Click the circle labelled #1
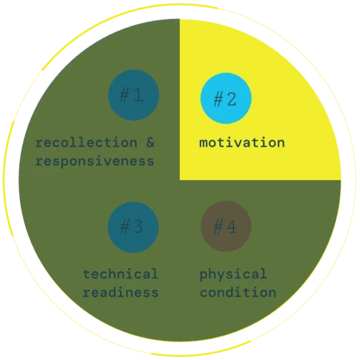133,95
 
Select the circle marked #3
133,227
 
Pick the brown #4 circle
226,227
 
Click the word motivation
242,143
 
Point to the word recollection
86,143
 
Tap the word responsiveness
94,161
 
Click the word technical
121,274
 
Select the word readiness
121,293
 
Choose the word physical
233,274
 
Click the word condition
238,293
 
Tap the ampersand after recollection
149,143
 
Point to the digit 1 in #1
139,95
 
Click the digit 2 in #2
232,99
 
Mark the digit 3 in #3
139,227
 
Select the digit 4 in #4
232,227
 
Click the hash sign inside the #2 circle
218,99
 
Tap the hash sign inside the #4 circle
218,227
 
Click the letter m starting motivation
203,143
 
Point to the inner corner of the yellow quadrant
181,179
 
